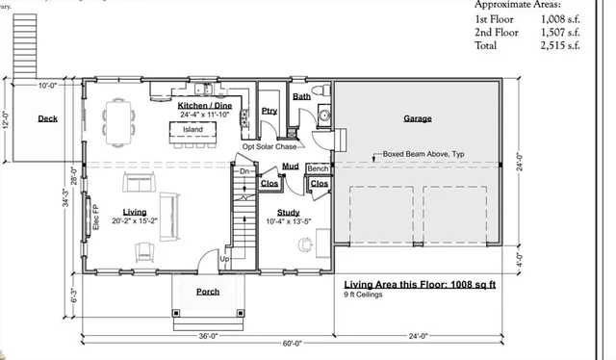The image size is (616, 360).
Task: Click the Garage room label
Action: tap(417, 119)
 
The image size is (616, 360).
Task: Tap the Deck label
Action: tap(47, 119)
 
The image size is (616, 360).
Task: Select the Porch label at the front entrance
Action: tap(207, 292)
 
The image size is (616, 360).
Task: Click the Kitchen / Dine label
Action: tap(208, 104)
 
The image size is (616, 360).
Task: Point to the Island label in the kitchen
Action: tap(192, 129)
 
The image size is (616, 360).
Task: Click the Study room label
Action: tap(288, 213)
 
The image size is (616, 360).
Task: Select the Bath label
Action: tap(302, 97)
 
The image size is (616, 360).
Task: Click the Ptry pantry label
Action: tap(269, 111)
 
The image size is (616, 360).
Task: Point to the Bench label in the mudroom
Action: tap(318, 169)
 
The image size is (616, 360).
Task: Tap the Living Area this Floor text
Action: tap(420, 286)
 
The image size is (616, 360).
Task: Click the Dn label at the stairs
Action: tap(244, 170)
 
